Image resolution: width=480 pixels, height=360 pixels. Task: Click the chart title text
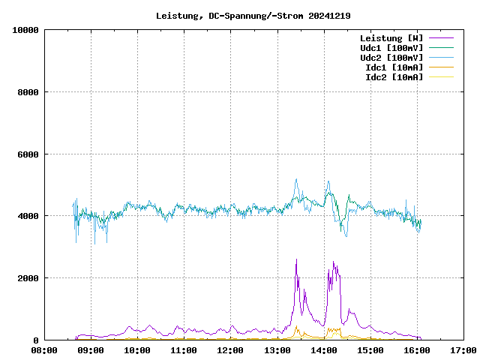pyautogui.click(x=253, y=15)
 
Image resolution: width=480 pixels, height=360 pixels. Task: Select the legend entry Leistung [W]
pyautogui.click(x=391, y=38)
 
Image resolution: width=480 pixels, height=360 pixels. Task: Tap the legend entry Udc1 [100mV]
pyautogui.click(x=391, y=48)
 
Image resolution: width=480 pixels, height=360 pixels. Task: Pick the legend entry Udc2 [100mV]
pyautogui.click(x=391, y=58)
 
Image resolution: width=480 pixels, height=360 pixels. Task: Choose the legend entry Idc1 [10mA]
pyautogui.click(x=394, y=67)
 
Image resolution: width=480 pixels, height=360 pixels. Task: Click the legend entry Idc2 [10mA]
pyautogui.click(x=394, y=77)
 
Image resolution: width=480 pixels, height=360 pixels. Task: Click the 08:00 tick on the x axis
pyautogui.click(x=44, y=350)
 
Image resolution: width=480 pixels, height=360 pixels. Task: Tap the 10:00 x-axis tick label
pyautogui.click(x=137, y=350)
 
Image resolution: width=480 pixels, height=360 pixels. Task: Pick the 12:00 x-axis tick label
pyautogui.click(x=230, y=350)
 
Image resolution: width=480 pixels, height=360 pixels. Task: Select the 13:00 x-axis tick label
pyautogui.click(x=277, y=350)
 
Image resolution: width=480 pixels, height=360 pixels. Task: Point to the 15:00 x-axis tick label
pyautogui.click(x=370, y=350)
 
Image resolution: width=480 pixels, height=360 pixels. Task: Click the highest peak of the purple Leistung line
pyautogui.click(x=296, y=259)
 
